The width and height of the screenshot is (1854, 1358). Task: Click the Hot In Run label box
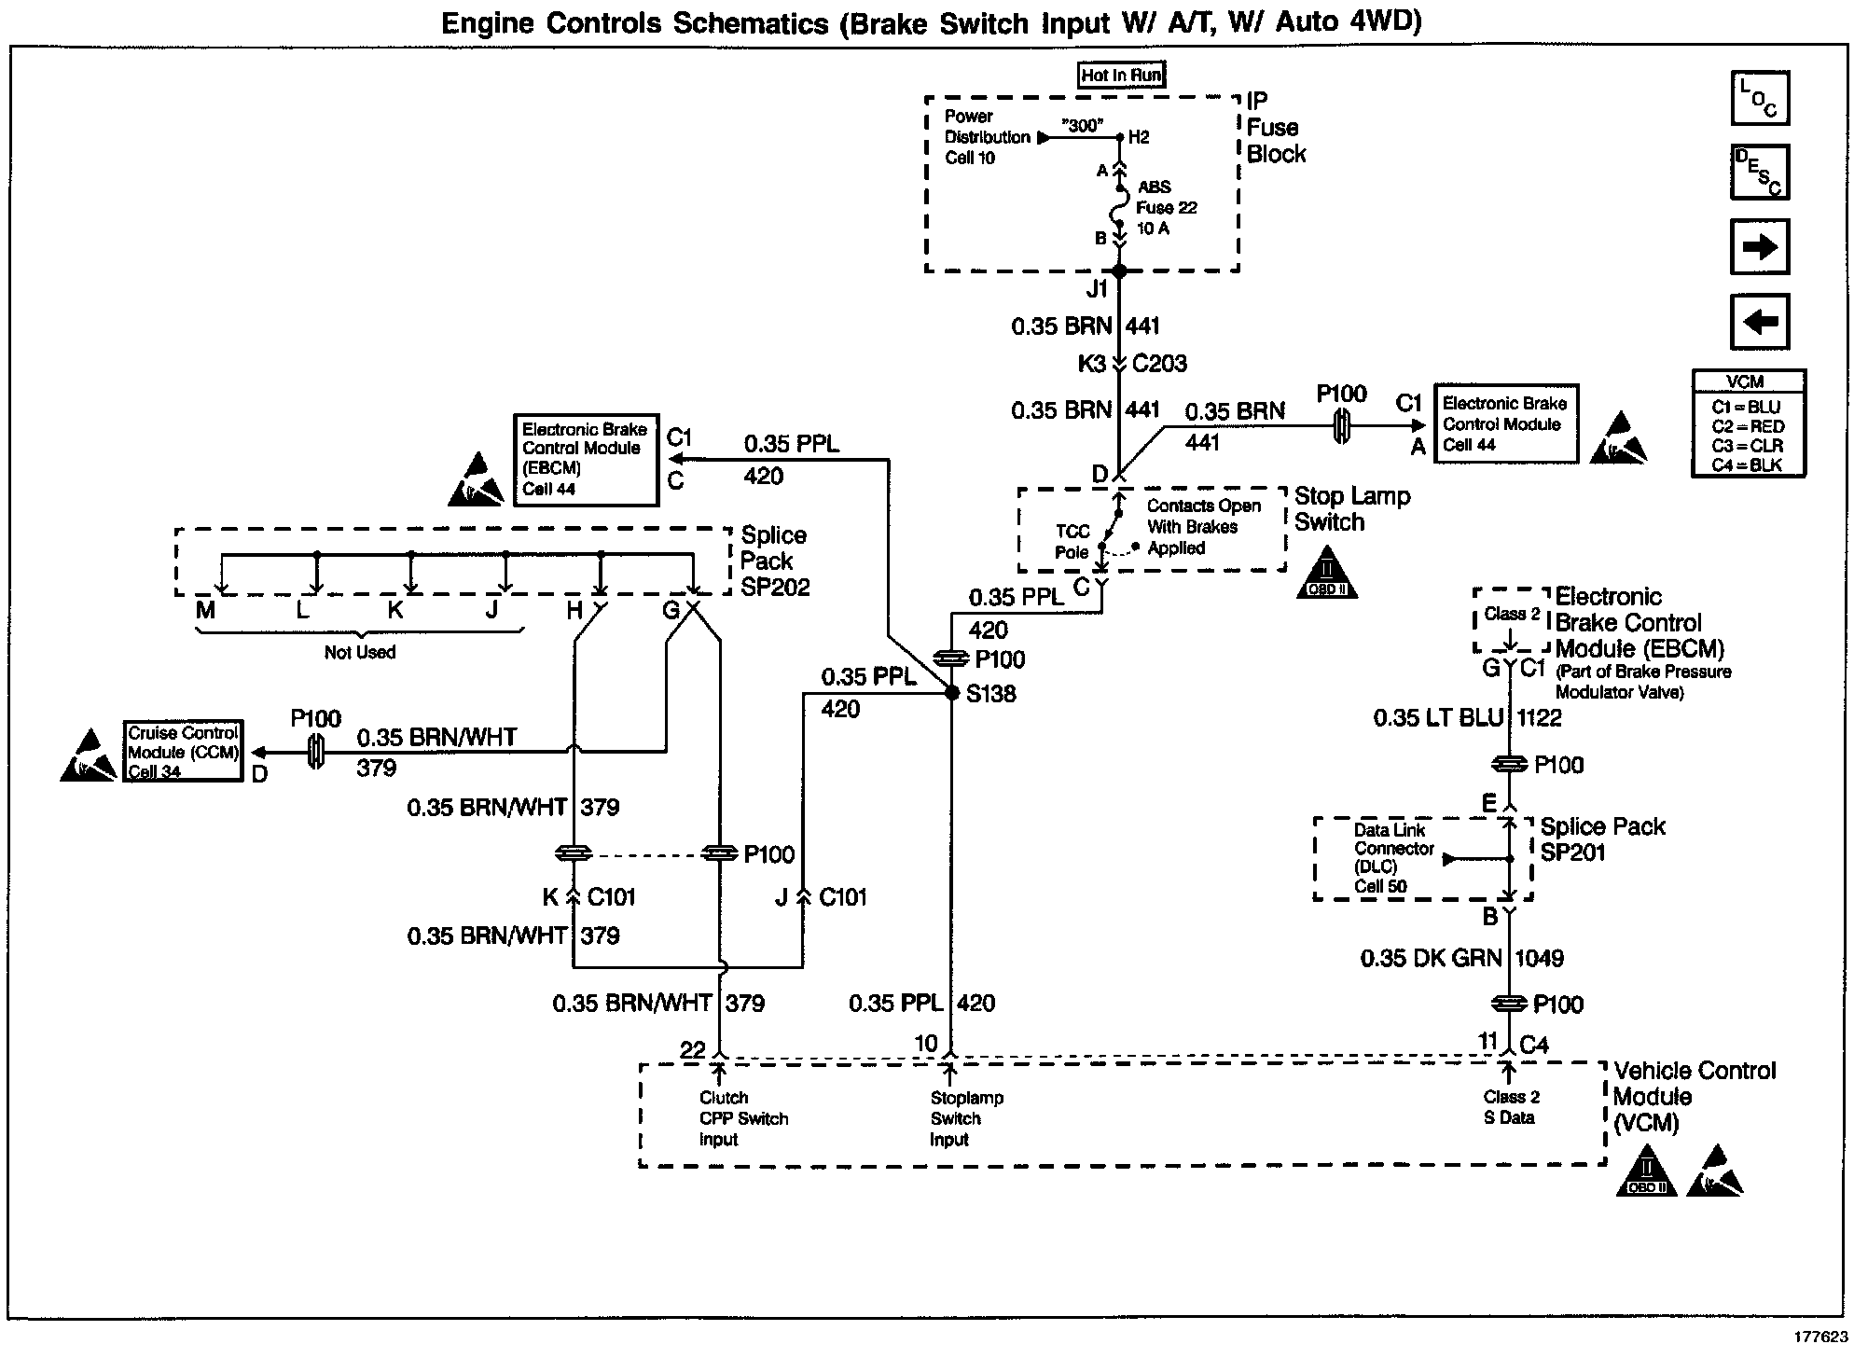pos(1121,75)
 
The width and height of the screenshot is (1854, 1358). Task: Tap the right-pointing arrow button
pos(1760,247)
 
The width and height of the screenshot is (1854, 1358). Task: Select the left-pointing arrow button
pos(1760,322)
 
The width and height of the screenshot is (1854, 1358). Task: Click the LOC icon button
pos(1760,98)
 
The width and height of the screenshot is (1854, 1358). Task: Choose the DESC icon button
pos(1760,173)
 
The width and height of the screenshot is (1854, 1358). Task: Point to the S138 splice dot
pos(951,693)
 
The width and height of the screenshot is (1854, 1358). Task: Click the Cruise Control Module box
pos(183,751)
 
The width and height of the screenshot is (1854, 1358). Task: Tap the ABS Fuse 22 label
pos(1167,207)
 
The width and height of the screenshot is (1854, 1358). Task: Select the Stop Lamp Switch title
pos(1352,509)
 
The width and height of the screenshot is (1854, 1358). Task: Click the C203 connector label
pos(1159,364)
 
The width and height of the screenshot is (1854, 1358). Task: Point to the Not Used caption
pos(360,652)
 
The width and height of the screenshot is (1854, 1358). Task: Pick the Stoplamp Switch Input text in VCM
pos(966,1118)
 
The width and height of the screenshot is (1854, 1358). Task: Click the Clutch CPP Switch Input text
pos(743,1118)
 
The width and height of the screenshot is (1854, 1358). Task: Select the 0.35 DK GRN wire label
pos(1432,958)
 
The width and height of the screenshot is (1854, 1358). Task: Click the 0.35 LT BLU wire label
pos(1439,717)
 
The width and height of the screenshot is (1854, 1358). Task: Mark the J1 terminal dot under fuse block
pos(1120,271)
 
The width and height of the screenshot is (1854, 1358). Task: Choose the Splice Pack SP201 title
pos(1602,838)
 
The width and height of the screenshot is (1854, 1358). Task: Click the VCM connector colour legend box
pos(1749,423)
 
